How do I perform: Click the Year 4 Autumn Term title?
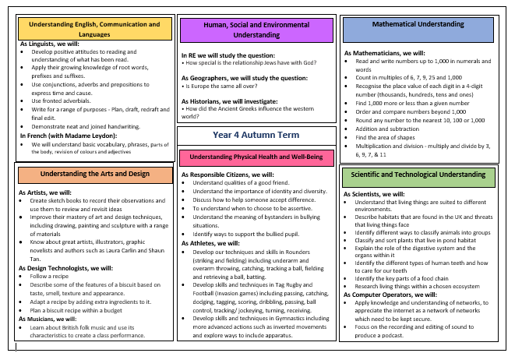pyautogui.click(x=256, y=135)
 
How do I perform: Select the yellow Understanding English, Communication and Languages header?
pyautogui.click(x=94, y=29)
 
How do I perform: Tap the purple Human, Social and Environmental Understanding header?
pyautogui.click(x=256, y=30)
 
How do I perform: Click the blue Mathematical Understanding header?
pyautogui.click(x=418, y=29)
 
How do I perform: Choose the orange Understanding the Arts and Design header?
pyautogui.click(x=93, y=173)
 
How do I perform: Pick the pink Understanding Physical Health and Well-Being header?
pyautogui.click(x=256, y=157)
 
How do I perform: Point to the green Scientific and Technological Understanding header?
pyautogui.click(x=418, y=175)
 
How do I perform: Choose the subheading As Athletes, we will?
pyautogui.click(x=210, y=243)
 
